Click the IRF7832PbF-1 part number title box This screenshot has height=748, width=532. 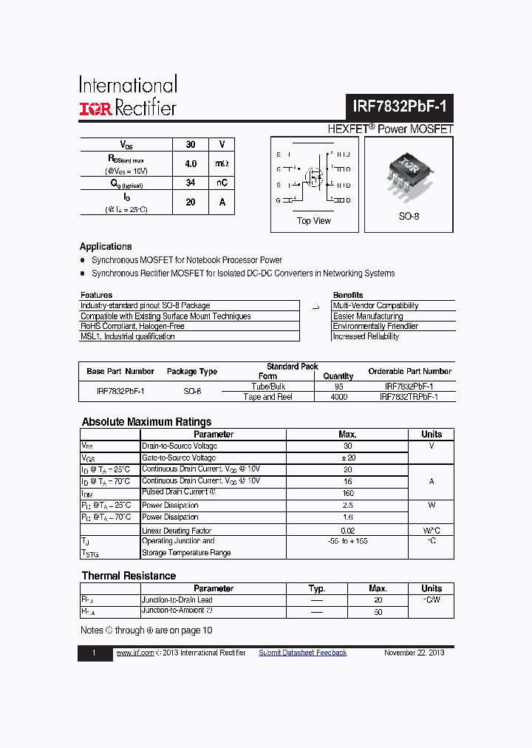point(400,106)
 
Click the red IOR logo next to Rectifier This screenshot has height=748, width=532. point(95,109)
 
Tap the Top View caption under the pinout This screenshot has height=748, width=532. point(314,221)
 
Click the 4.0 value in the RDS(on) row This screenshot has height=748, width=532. point(191,164)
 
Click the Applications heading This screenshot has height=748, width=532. point(106,247)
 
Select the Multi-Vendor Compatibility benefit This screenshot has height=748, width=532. point(375,305)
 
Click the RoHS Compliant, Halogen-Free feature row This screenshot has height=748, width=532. point(133,326)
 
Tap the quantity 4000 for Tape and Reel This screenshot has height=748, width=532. point(338,397)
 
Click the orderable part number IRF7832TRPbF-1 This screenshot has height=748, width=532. point(409,397)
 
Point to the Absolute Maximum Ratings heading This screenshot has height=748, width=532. point(146,422)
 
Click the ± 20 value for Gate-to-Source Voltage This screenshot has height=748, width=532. point(347,458)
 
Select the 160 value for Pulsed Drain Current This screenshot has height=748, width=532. point(347,492)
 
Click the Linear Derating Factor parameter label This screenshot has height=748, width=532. point(177,531)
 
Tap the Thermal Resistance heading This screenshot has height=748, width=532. point(129,576)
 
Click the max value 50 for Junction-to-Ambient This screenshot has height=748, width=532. point(378,612)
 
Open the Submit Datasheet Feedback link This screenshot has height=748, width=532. point(302,653)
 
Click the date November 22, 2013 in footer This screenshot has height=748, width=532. point(415,653)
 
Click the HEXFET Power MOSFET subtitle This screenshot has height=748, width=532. point(390,129)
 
